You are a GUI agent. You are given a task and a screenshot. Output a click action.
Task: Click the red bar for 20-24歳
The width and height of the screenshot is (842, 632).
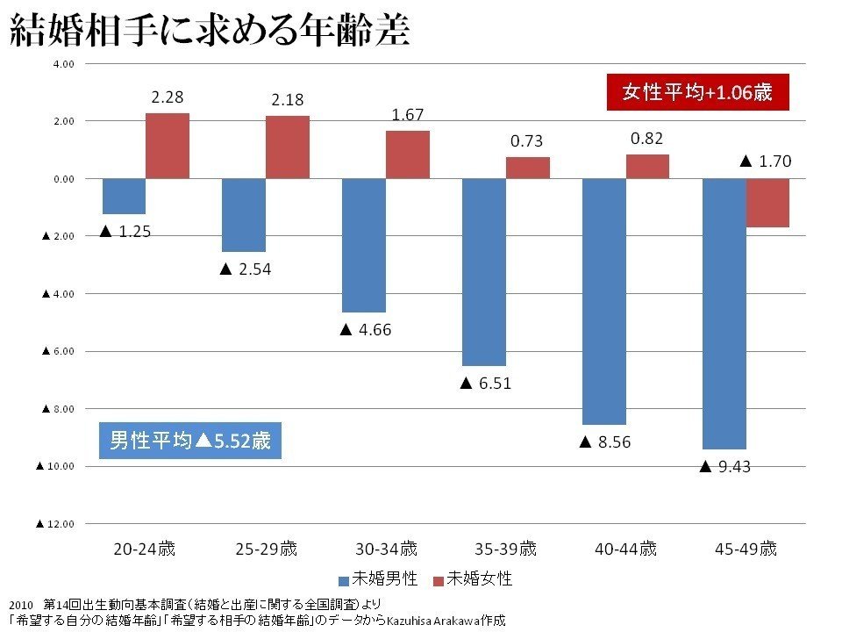click(167, 146)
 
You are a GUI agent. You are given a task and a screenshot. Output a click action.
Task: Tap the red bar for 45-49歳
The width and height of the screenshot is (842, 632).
click(767, 203)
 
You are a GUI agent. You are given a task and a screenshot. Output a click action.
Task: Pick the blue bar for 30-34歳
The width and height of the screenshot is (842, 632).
click(363, 245)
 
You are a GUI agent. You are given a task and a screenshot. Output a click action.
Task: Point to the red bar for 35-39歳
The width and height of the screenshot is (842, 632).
click(528, 168)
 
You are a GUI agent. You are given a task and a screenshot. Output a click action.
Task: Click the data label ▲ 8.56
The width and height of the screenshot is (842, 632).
click(604, 442)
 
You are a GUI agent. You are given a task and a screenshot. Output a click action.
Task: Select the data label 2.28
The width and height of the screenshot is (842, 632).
click(167, 97)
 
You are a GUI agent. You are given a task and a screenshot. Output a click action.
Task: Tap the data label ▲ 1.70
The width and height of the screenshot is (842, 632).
click(766, 161)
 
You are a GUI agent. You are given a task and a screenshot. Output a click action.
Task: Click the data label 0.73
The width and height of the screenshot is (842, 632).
click(528, 141)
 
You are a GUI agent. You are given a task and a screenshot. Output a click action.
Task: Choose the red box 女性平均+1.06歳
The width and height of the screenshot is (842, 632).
click(697, 92)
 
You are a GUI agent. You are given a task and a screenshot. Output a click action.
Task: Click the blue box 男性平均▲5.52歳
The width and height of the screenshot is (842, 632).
click(190, 441)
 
